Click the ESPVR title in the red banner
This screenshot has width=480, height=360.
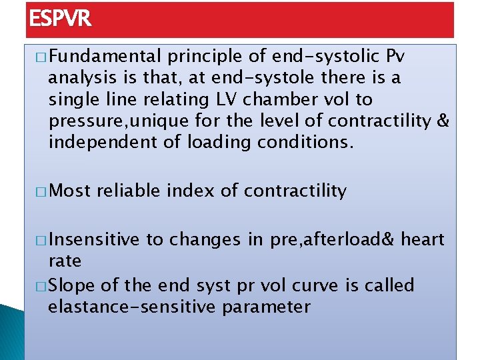point(60,19)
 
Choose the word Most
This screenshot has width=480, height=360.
point(70,191)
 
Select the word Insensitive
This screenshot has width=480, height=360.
point(94,239)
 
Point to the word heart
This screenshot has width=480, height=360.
point(423,239)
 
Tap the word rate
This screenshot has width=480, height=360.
point(65,261)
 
